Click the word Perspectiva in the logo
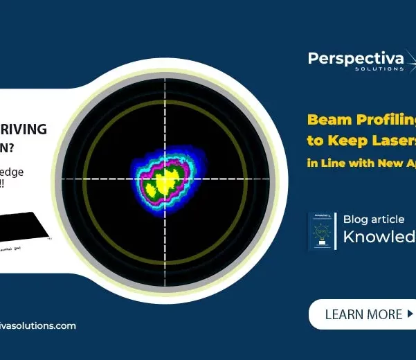355,59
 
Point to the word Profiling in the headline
385,120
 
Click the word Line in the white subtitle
332,163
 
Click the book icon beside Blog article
320,231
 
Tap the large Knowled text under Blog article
379,238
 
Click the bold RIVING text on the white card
24,129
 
